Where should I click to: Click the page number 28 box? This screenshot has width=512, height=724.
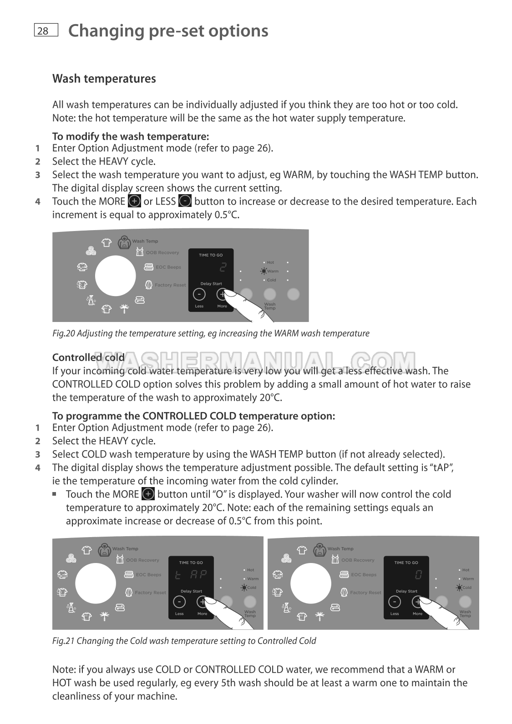[46, 30]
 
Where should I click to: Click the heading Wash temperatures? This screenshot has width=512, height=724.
[104, 79]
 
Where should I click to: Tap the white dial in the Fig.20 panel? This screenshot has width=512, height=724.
[115, 276]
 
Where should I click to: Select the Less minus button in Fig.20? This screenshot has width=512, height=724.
[199, 294]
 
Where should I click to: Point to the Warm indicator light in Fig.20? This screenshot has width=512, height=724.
[264, 271]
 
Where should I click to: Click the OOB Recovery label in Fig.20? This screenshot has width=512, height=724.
[162, 252]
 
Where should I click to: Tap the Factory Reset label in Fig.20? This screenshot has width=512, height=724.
[170, 285]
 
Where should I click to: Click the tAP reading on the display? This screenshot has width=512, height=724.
[191, 575]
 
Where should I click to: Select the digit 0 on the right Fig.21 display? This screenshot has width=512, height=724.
[418, 575]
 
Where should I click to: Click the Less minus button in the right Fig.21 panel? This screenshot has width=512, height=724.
[394, 602]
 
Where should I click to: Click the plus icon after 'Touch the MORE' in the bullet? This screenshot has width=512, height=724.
[148, 494]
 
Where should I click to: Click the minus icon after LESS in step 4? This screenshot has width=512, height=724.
[185, 201]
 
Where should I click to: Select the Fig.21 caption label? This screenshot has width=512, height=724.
[184, 641]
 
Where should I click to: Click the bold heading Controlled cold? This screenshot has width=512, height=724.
[88, 357]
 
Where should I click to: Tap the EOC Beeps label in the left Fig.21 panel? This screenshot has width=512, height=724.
[148, 575]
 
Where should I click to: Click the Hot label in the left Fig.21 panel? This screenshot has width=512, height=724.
[250, 570]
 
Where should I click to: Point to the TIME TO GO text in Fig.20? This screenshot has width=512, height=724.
[211, 255]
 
